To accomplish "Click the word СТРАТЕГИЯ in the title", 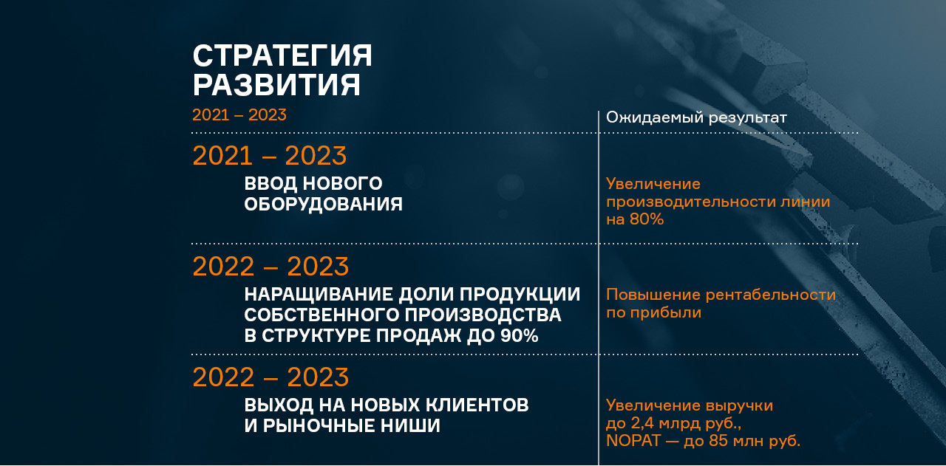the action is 282,55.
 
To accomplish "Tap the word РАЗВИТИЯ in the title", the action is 276,85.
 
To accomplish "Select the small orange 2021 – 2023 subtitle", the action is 239,114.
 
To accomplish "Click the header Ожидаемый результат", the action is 696,117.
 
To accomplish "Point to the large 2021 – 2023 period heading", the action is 270,156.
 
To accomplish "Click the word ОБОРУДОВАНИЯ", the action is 324,205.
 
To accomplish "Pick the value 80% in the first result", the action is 647,219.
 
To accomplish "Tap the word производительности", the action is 690,202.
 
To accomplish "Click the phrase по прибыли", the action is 654,313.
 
